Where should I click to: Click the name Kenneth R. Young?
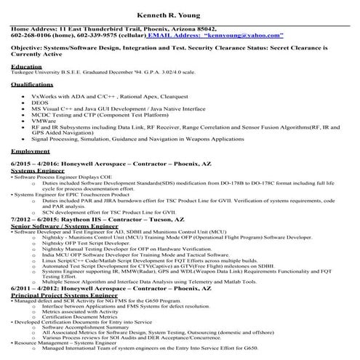pos(180,14)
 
